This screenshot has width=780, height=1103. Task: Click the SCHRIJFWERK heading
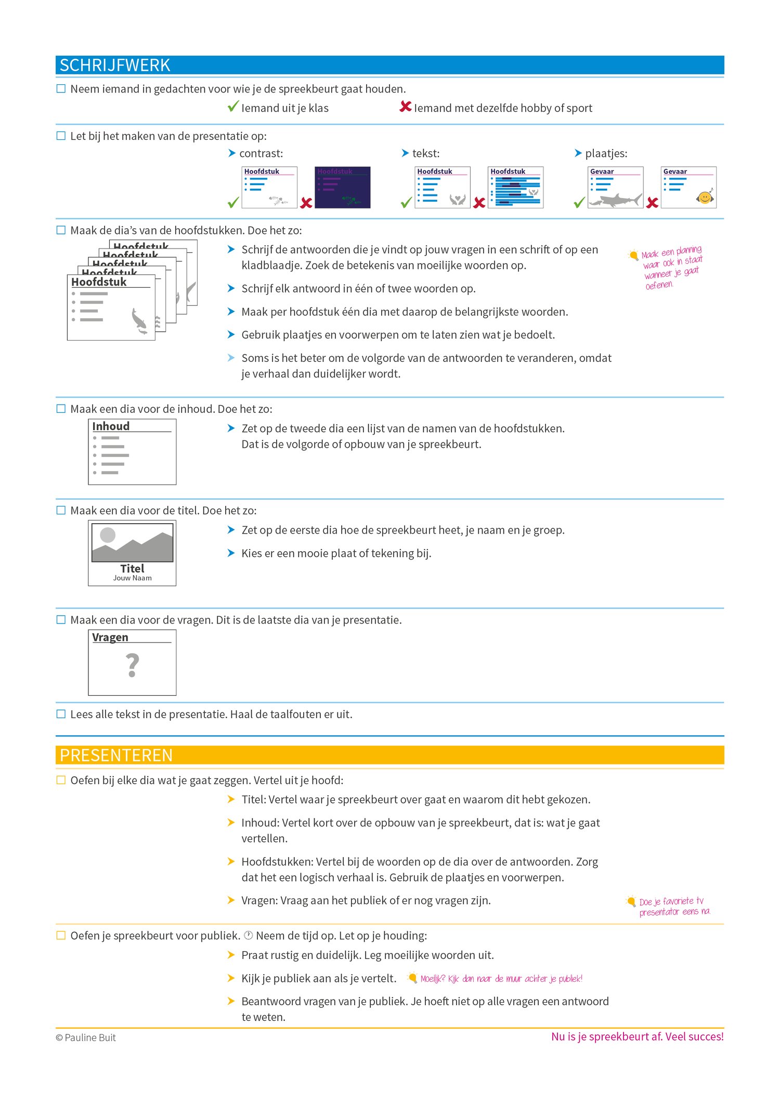click(115, 66)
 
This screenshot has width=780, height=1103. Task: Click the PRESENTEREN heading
click(116, 755)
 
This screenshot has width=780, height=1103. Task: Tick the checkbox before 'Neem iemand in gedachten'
click(61, 89)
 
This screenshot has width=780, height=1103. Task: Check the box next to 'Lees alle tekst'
click(61, 714)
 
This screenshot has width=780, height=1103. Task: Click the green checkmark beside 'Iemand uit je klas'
click(233, 107)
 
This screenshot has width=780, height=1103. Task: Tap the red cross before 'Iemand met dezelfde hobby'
click(405, 107)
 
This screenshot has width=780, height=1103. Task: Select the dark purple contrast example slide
click(343, 187)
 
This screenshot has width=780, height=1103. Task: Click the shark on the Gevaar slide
click(619, 200)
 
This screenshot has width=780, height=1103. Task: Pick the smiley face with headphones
click(705, 198)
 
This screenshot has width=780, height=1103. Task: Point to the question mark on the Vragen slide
click(133, 666)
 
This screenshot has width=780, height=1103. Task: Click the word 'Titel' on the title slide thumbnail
click(132, 568)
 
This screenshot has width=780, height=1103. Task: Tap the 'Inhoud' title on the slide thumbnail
click(111, 426)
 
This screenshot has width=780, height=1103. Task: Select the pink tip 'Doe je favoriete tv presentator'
click(673, 906)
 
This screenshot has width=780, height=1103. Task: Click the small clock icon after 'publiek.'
click(249, 935)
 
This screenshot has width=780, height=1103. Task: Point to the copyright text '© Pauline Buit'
click(86, 1037)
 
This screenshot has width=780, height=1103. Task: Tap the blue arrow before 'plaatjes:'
click(578, 153)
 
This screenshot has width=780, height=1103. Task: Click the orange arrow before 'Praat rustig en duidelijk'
click(231, 955)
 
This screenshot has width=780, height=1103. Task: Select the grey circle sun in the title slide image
click(108, 535)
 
